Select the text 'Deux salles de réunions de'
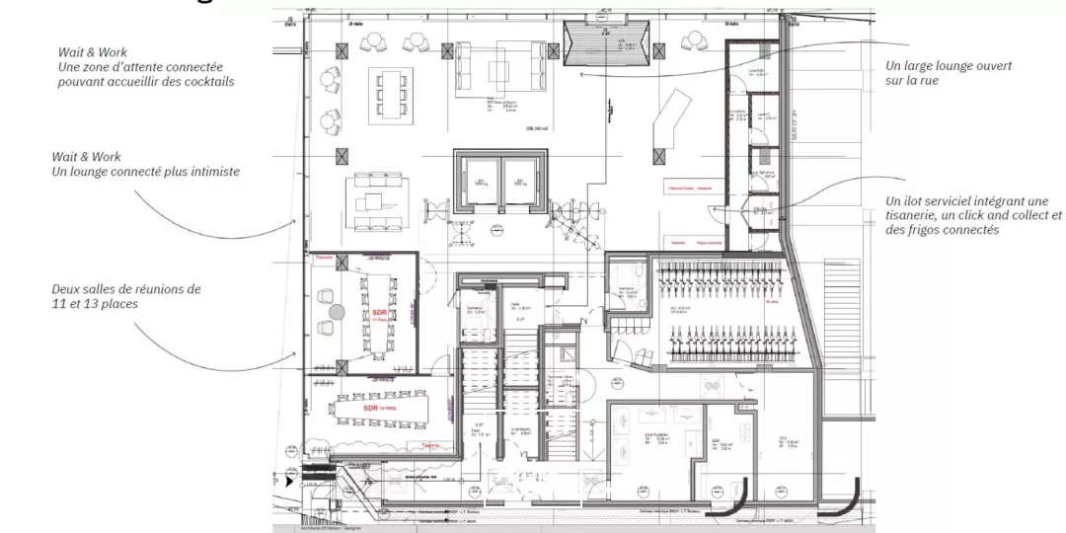125,289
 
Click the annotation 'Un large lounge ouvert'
949,66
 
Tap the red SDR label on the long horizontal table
371,408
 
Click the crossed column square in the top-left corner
343,50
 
